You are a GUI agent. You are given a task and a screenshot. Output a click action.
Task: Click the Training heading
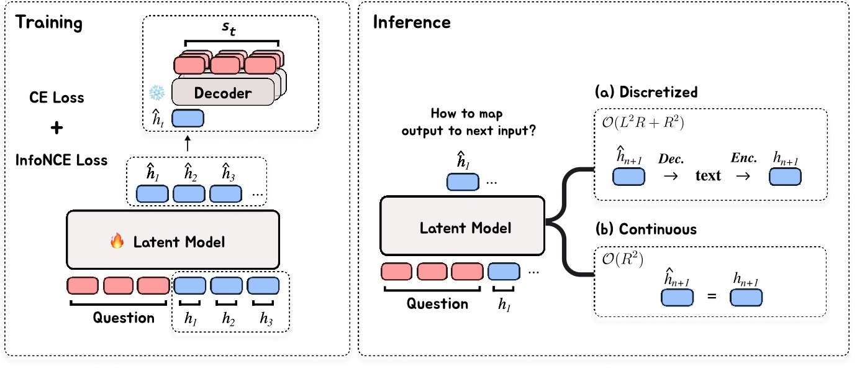pyautogui.click(x=48, y=23)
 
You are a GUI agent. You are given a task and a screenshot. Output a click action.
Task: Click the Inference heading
pyautogui.click(x=411, y=23)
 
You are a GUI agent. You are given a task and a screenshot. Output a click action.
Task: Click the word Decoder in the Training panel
pyautogui.click(x=222, y=93)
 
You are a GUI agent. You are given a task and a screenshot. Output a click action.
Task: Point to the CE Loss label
pyautogui.click(x=57, y=98)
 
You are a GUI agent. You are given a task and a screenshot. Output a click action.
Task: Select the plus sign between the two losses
pyautogui.click(x=56, y=129)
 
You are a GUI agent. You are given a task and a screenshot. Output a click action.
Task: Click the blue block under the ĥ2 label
pyautogui.click(x=189, y=193)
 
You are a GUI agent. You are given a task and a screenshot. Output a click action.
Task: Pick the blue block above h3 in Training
pyautogui.click(x=264, y=285)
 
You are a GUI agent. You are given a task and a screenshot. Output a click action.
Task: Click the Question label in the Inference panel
pyautogui.click(x=437, y=303)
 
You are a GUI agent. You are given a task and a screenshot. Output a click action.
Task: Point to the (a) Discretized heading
pyautogui.click(x=646, y=93)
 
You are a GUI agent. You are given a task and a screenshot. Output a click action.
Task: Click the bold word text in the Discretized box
pyautogui.click(x=708, y=176)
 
